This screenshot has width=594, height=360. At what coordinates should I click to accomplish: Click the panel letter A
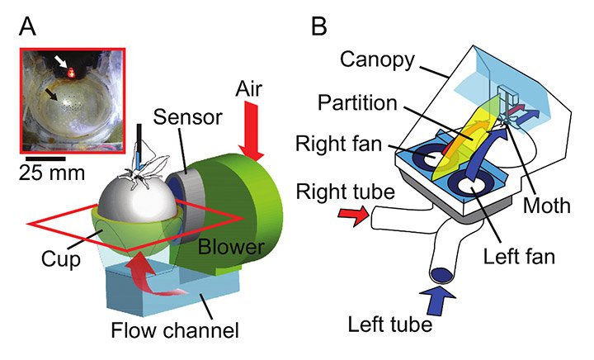(28, 26)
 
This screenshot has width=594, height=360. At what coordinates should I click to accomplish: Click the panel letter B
(318, 26)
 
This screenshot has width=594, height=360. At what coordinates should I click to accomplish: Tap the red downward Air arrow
(251, 130)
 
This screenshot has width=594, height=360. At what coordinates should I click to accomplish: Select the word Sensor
(187, 117)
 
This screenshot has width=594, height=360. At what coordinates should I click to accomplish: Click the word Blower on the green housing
(231, 247)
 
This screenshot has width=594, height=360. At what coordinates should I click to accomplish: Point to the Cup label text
(61, 260)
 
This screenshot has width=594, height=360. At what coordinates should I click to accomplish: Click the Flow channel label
(175, 329)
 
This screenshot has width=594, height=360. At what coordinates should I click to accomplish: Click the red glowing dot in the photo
(70, 72)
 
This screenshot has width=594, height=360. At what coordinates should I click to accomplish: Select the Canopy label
(377, 60)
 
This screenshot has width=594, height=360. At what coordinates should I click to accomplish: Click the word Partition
(357, 102)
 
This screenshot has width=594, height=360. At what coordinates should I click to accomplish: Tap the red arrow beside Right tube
(352, 216)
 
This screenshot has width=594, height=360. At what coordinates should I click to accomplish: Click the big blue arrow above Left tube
(437, 300)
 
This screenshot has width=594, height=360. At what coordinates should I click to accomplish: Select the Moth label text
(546, 206)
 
